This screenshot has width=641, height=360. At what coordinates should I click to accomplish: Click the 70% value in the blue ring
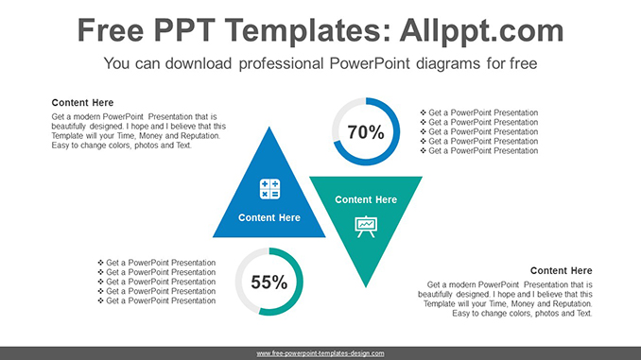[x=366, y=132]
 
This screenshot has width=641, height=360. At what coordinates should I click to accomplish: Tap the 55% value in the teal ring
[x=269, y=282]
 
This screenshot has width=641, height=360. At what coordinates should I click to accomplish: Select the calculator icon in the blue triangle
[x=269, y=189]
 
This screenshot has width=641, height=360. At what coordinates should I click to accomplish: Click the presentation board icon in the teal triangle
[x=365, y=226]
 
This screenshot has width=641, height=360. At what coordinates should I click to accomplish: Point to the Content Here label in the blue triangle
[x=269, y=217]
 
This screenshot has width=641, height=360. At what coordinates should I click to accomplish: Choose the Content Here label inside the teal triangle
[x=366, y=199]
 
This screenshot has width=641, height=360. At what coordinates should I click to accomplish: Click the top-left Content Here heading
[x=82, y=102]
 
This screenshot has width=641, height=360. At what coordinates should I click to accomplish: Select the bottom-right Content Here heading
[x=561, y=270]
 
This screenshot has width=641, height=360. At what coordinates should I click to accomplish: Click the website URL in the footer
[x=320, y=353]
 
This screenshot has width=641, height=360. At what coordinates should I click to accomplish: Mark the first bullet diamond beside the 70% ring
[x=423, y=112]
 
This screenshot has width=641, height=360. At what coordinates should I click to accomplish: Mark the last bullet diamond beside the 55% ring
[x=100, y=300]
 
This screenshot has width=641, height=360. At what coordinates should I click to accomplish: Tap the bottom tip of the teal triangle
[x=366, y=285]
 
